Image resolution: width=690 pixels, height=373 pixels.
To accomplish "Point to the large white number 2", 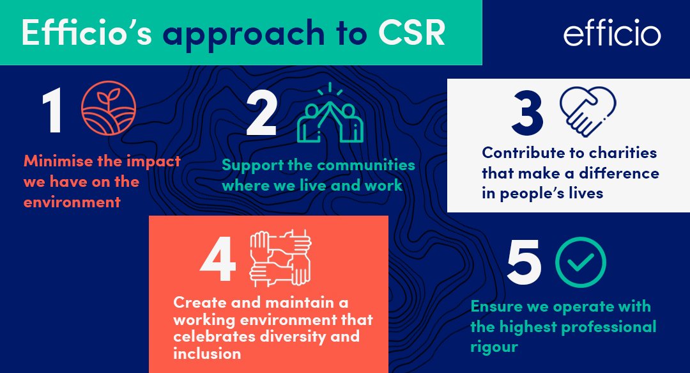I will (261, 113).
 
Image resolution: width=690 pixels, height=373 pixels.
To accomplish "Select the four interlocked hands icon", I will (280, 257).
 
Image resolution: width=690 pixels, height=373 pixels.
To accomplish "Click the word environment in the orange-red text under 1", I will (72, 203).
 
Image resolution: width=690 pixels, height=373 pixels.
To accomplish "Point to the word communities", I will (366, 165).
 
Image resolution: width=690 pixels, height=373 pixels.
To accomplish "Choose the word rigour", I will (494, 347).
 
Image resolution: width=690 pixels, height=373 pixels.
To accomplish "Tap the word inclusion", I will (207, 354).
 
